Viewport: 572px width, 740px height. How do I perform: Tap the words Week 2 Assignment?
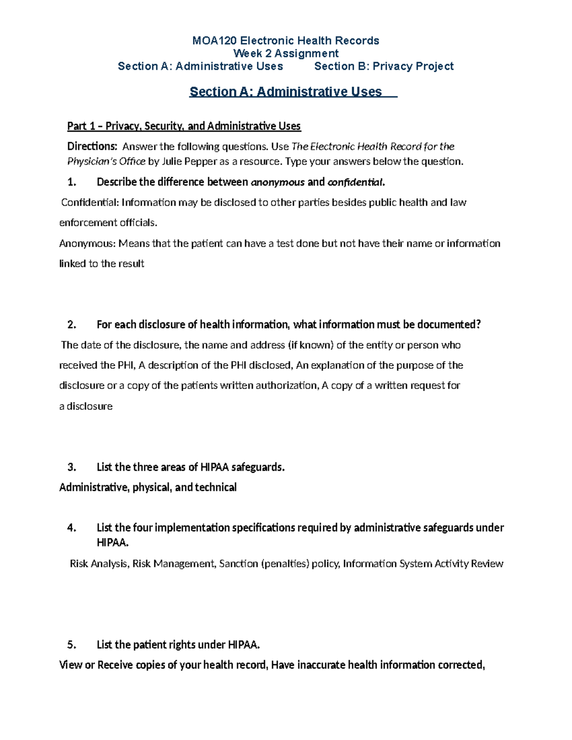click(286, 53)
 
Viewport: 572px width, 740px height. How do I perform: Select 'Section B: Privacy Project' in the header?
click(384, 66)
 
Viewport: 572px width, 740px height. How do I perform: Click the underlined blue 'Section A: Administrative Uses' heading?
click(286, 91)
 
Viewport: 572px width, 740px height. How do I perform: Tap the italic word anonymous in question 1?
click(277, 182)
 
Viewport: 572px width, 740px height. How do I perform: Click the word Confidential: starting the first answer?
click(90, 203)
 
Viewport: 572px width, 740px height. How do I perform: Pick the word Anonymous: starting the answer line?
click(87, 243)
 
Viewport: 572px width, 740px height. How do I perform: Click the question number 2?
click(71, 324)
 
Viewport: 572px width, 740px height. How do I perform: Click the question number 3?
click(71, 467)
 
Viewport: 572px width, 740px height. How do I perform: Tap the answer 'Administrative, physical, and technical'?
click(148, 487)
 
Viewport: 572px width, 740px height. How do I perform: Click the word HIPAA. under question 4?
click(112, 543)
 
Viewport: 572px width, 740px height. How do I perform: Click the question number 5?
click(71, 645)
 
